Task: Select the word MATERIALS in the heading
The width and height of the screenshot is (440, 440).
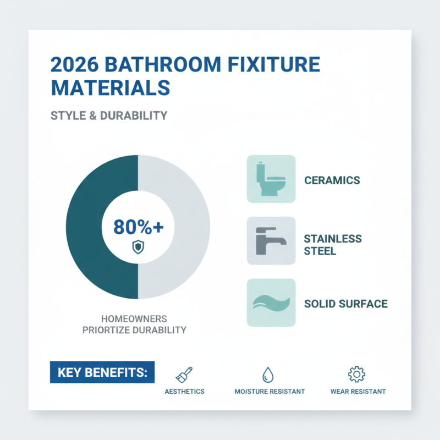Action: (x=110, y=88)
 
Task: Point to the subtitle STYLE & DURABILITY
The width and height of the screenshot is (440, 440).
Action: (x=108, y=116)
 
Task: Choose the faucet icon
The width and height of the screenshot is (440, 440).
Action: (x=271, y=241)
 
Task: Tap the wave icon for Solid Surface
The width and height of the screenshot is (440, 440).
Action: (x=271, y=303)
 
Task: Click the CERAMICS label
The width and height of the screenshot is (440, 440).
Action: (x=332, y=180)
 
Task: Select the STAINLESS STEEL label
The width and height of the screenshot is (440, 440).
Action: (x=332, y=245)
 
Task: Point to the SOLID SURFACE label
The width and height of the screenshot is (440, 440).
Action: (x=345, y=304)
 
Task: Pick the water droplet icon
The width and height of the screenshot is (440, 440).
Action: (x=269, y=375)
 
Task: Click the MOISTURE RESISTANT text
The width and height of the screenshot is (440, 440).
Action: (x=269, y=392)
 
